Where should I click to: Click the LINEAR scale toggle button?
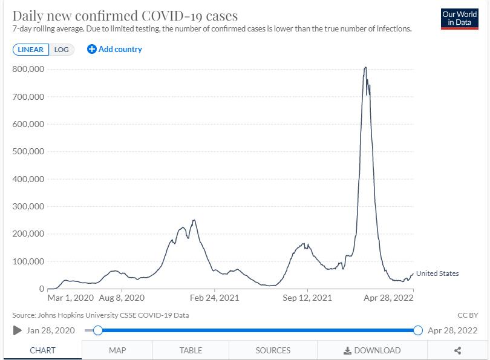pyautogui.click(x=30, y=50)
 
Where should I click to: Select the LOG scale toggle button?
pyautogui.click(x=62, y=50)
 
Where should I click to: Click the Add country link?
pyautogui.click(x=115, y=49)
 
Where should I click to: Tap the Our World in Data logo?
pyautogui.click(x=459, y=19)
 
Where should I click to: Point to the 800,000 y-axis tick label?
pyautogui.click(x=28, y=69)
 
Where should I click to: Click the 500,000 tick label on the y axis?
pyautogui.click(x=28, y=151)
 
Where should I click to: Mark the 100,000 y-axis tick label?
pyautogui.click(x=28, y=261)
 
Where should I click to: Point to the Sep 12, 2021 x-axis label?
pyautogui.click(x=307, y=298)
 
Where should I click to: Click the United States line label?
pyautogui.click(x=437, y=273)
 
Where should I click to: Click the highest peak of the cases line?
pyautogui.click(x=365, y=67)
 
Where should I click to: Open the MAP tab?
pyautogui.click(x=117, y=350)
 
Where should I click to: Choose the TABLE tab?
pyautogui.click(x=191, y=350)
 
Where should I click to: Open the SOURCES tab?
pyautogui.click(x=273, y=350)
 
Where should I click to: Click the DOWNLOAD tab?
pyautogui.click(x=372, y=350)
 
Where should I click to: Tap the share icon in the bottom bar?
pyautogui.click(x=458, y=350)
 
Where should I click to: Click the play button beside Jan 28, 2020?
pyautogui.click(x=18, y=330)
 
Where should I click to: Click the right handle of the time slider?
pyautogui.click(x=417, y=330)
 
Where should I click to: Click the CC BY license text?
pyautogui.click(x=468, y=315)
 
